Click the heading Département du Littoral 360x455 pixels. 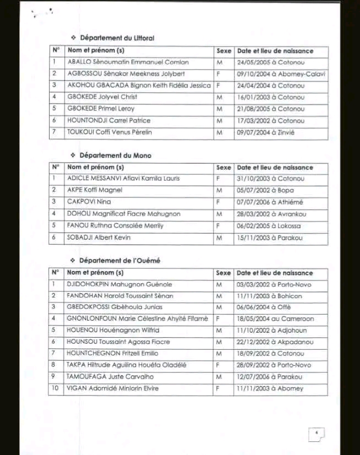pos(117,38)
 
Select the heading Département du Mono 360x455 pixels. pos(115,155)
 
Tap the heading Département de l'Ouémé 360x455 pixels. pos(119,261)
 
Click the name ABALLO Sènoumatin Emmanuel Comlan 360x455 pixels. pos(128,62)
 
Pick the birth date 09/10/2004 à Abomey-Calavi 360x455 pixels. pos(281,74)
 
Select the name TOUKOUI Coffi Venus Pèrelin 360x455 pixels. pos(110,132)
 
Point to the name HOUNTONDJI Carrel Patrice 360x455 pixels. pos(108,121)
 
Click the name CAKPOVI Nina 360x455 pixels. pos(85,202)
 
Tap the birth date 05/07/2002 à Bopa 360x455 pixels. pos(265,190)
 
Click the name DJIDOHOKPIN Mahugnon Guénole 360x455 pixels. pos(119,285)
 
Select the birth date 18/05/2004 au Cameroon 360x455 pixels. pos(275,319)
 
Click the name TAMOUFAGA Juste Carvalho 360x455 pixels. pos(110,377)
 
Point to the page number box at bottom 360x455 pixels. pos(317,434)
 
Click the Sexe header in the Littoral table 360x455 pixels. pos(224,51)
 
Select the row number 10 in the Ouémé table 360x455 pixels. pos(54,389)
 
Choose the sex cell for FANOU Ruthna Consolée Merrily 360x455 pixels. pos(220,226)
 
